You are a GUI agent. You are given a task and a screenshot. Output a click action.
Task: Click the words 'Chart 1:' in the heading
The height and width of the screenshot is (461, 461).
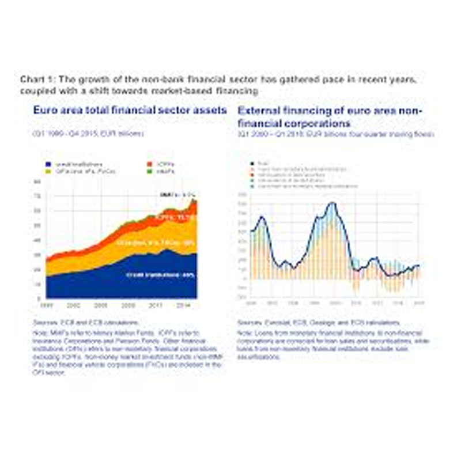point(34,79)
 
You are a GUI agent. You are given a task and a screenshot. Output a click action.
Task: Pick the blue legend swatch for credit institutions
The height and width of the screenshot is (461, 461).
point(48,165)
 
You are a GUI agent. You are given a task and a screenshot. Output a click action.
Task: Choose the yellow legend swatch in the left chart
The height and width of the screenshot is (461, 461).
point(48,172)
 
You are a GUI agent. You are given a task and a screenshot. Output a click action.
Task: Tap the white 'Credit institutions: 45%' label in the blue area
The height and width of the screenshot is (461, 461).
point(160,275)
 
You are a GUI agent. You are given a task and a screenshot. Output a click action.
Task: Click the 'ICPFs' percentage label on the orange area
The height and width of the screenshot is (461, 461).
point(176,218)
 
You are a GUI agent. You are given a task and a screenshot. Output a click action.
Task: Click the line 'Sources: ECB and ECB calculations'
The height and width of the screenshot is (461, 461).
point(86,323)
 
